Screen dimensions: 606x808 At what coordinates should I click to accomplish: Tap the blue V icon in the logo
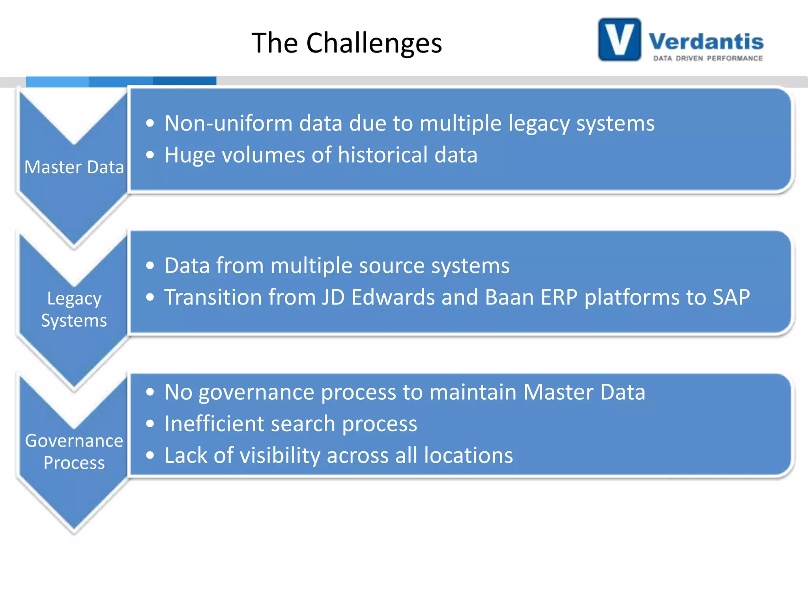(619, 39)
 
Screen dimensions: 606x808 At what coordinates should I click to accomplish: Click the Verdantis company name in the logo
(706, 41)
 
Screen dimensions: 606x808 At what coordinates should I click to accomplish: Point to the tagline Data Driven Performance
(708, 58)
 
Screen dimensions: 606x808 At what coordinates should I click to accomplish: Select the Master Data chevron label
(74, 167)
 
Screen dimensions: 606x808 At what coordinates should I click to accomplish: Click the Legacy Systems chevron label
(74, 309)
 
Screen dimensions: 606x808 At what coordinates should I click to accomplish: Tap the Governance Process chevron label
(74, 451)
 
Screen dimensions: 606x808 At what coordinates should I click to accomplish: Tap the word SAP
(731, 297)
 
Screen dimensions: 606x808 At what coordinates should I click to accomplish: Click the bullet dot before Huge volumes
(150, 155)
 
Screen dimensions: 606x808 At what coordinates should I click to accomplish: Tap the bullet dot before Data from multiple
(150, 266)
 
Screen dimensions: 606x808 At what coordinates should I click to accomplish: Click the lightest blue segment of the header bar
(58, 82)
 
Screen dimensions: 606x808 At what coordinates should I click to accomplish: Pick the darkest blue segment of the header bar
(184, 81)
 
